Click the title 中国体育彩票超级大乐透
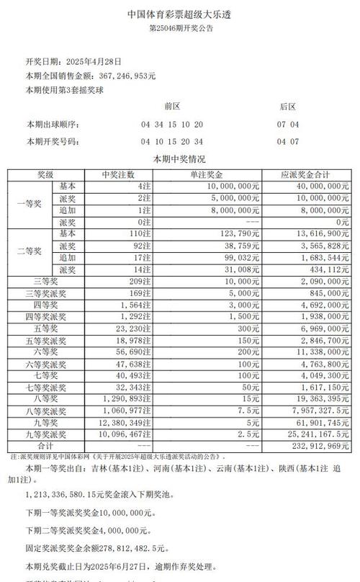tap(180, 13)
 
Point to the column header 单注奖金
tap(207, 174)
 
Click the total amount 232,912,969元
tap(316, 447)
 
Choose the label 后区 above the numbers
tap(287, 106)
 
